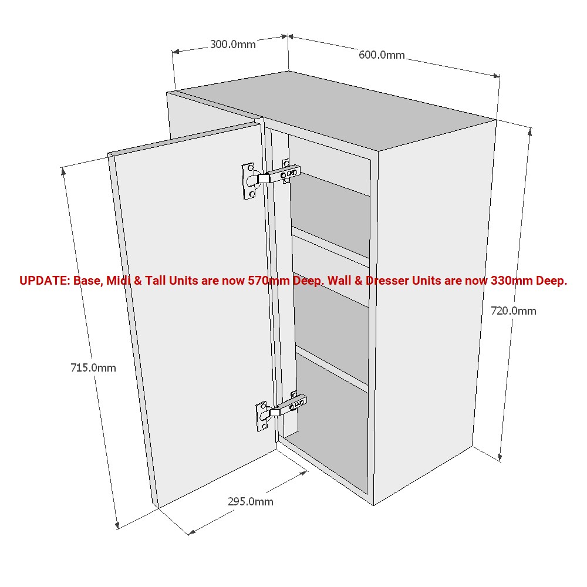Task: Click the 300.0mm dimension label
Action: [233, 44]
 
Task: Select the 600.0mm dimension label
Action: [382, 55]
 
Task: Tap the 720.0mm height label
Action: [514, 311]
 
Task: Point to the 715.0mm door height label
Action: [93, 368]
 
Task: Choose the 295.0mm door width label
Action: [251, 501]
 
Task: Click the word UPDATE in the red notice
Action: [44, 281]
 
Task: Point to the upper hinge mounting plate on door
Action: [249, 181]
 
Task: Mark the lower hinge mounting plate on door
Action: [262, 417]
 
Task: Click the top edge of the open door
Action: [182, 139]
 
